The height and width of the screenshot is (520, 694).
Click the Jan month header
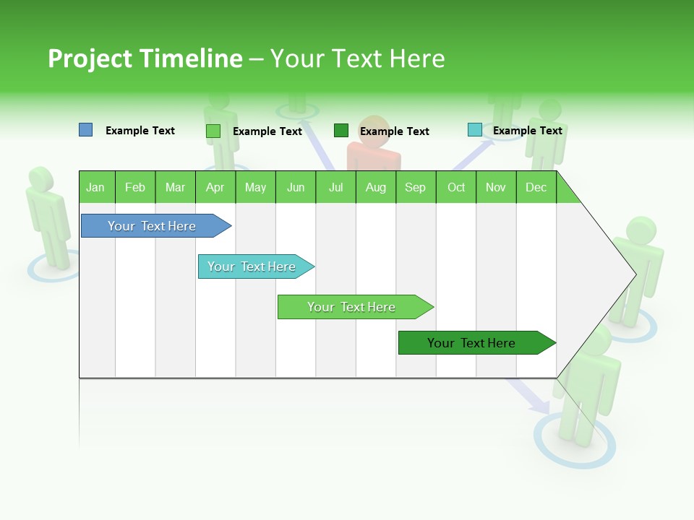click(x=96, y=187)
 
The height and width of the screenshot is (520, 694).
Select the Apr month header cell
click(x=215, y=187)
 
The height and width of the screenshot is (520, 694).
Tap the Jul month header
click(x=335, y=187)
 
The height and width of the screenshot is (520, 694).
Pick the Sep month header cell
click(x=416, y=187)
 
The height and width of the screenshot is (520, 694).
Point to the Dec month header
click(x=536, y=187)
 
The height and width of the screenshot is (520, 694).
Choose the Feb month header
click(x=135, y=187)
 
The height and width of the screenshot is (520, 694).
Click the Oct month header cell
click(x=456, y=187)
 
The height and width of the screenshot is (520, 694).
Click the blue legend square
click(x=86, y=130)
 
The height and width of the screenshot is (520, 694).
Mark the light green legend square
click(x=213, y=131)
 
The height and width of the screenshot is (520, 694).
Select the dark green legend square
click(x=341, y=131)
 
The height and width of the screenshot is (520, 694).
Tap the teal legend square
click(x=475, y=130)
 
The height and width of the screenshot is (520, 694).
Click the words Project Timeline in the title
click(x=145, y=58)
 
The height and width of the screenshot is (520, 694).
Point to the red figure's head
click(x=374, y=130)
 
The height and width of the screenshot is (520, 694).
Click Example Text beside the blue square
click(x=140, y=131)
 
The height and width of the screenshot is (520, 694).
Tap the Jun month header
click(x=296, y=187)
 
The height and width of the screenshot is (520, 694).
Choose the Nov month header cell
click(x=496, y=187)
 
